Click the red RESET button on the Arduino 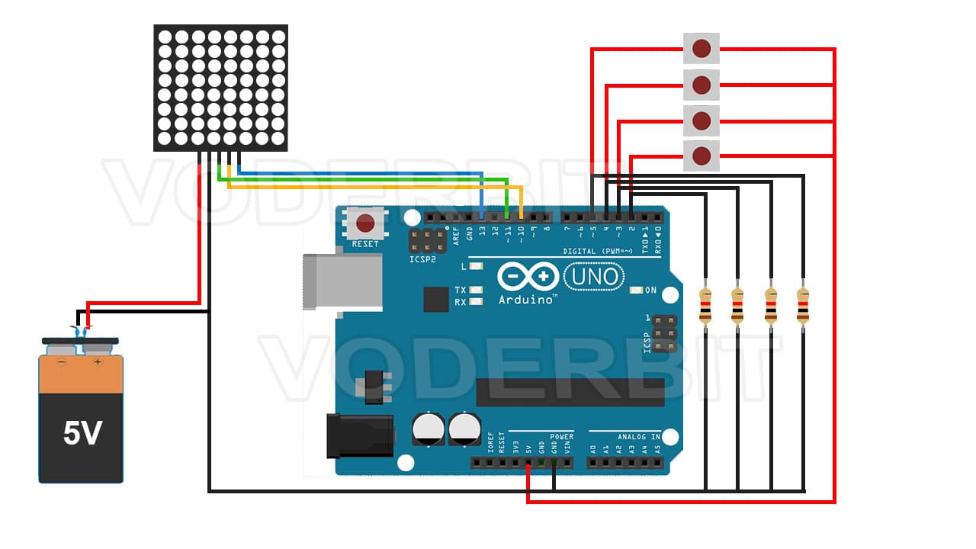[x=366, y=223]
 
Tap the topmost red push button [x=701, y=50]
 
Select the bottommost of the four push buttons [x=701, y=156]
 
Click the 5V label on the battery [x=82, y=433]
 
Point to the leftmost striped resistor [x=705, y=305]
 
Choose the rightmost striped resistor [x=803, y=305]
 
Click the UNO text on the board [x=595, y=275]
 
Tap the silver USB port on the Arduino [x=342, y=281]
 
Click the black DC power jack [x=359, y=435]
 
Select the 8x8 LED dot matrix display [x=221, y=88]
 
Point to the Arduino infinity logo [x=528, y=275]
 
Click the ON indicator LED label [x=650, y=291]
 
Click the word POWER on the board [x=561, y=437]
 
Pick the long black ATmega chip [x=570, y=392]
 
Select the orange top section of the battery [x=81, y=375]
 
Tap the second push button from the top [x=701, y=84]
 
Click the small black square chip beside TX [x=436, y=300]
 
